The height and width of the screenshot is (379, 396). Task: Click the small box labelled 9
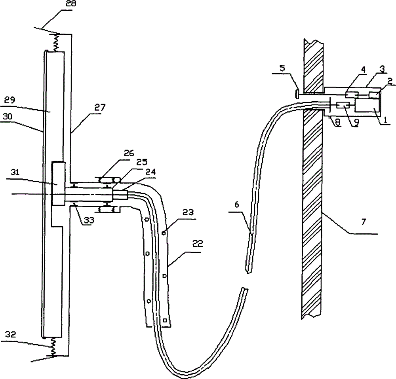click(x=343, y=106)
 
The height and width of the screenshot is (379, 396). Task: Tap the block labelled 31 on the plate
click(x=58, y=182)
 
